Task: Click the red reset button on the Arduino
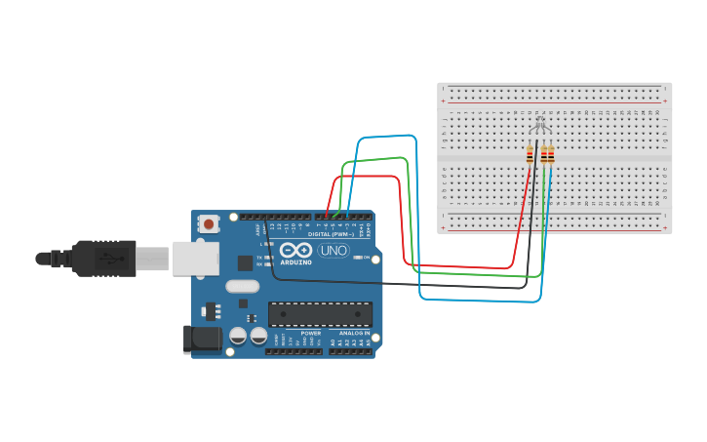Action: tap(208, 224)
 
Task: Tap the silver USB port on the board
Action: tap(196, 258)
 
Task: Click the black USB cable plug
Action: tap(102, 259)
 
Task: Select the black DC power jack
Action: tap(202, 339)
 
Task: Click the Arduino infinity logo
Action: tap(295, 250)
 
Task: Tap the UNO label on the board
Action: tap(333, 250)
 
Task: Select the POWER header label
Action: tap(310, 333)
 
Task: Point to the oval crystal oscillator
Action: tap(241, 286)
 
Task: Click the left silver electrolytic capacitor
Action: tap(237, 336)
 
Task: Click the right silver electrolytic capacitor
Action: tap(258, 336)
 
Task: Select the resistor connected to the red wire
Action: tap(530, 154)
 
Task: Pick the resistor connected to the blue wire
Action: tap(551, 154)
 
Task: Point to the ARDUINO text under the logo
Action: tap(295, 262)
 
